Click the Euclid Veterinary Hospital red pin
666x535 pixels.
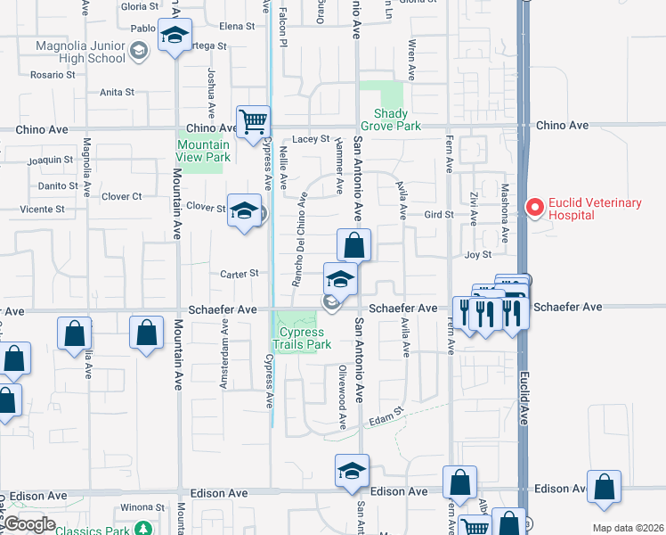(534, 208)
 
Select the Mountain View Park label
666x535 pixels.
(204, 151)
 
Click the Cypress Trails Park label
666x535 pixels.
(301, 338)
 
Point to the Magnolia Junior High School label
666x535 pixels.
(80, 53)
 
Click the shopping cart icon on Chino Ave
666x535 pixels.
(254, 120)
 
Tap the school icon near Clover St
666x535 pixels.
(243, 211)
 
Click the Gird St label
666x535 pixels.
(439, 215)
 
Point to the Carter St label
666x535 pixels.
(240, 274)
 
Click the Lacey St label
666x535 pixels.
(312, 139)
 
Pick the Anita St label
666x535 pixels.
(117, 92)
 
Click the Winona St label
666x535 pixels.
(143, 507)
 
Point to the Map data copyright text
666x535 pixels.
(627, 528)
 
